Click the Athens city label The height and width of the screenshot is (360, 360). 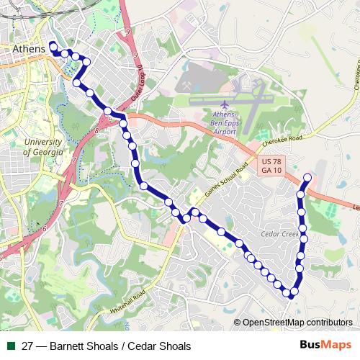(29, 49)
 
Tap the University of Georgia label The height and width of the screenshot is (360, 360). (42, 148)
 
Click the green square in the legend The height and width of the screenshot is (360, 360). (11, 346)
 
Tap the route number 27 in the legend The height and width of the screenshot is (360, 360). (28, 346)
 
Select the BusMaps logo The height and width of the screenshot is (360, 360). (325, 346)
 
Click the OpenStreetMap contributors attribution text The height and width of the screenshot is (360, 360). (297, 323)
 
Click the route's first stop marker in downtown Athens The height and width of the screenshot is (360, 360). (53, 48)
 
